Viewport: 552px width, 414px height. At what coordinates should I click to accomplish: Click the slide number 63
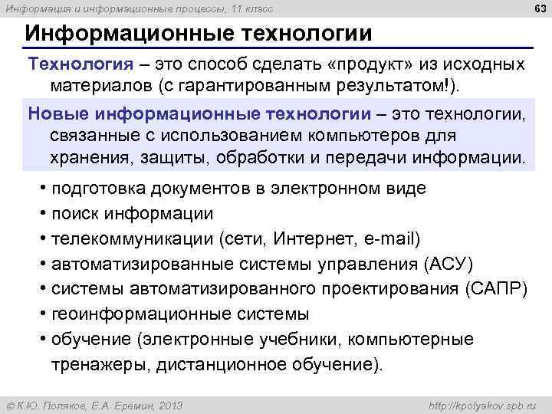coord(539,8)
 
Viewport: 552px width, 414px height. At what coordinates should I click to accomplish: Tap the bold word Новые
coord(59,115)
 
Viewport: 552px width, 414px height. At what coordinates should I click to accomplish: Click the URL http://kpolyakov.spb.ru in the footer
coord(483,406)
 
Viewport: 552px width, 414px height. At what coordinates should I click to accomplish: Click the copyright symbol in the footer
coord(10,406)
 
